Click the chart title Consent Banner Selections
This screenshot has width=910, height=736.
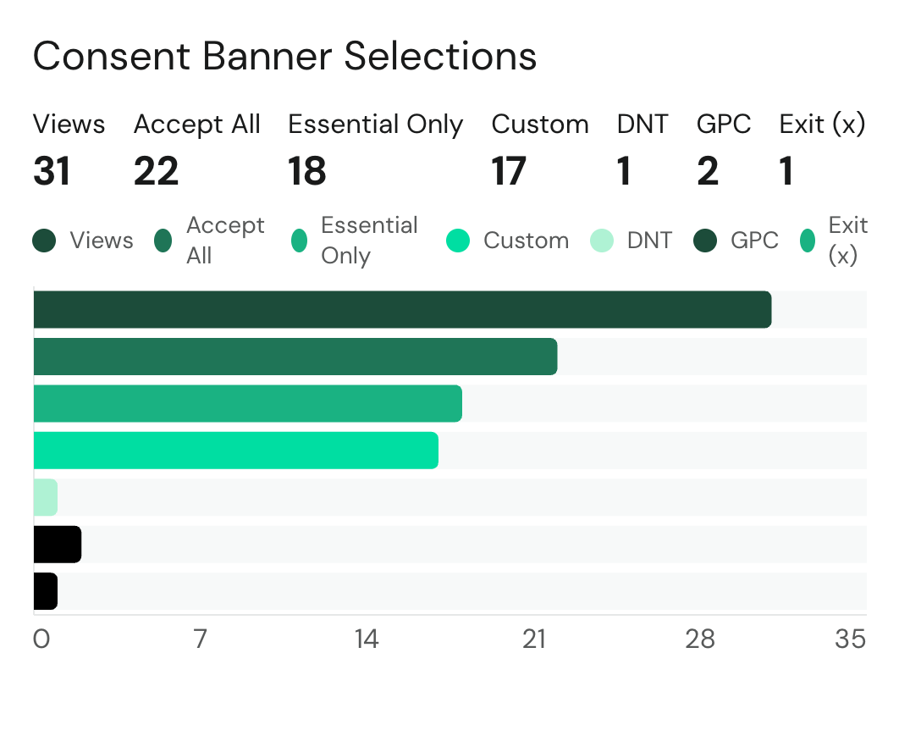pos(284,57)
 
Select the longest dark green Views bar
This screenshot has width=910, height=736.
pos(402,309)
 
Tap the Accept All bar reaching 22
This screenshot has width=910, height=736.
pos(295,356)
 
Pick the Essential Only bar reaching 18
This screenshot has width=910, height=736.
pos(247,403)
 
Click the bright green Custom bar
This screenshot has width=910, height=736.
pos(235,450)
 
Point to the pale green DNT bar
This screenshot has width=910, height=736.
pos(46,497)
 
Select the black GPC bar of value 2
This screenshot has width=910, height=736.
pos(57,544)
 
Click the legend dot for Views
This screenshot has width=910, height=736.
pos(44,241)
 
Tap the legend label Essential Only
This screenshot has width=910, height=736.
pos(369,241)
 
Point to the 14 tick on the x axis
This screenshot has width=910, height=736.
pos(367,639)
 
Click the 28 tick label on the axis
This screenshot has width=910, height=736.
pos(700,639)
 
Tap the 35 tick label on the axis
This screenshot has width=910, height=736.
pos(850,639)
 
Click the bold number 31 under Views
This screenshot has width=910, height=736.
pos(52,172)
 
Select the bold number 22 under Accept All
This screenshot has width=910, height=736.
pos(157,172)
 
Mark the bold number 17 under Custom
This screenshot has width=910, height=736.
pos(510,172)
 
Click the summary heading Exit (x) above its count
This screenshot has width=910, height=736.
pos(822,125)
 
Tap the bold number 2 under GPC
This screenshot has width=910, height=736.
pos(708,172)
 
